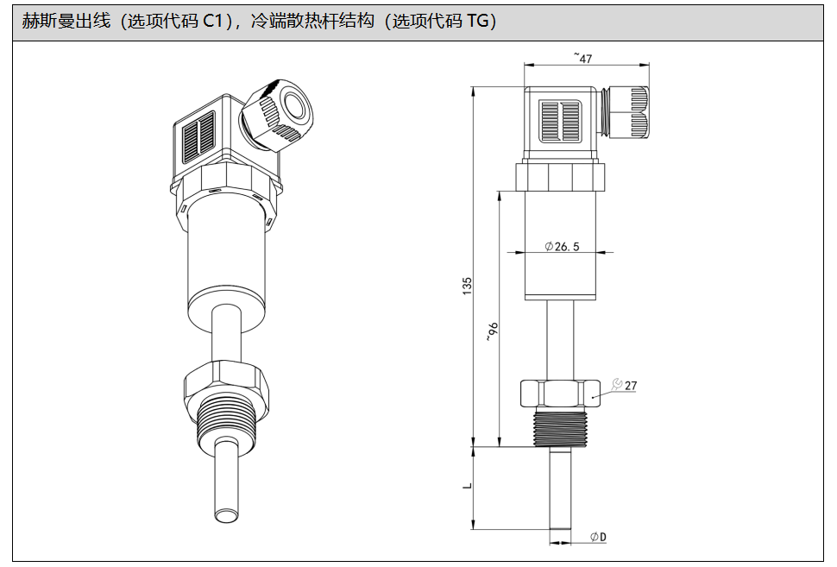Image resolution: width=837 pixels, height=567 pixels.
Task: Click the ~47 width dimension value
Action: (584, 58)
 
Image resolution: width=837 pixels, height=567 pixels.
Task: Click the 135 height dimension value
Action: (467, 286)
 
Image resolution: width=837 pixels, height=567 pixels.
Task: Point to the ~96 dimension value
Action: (492, 331)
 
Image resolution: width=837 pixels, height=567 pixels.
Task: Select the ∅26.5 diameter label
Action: (562, 247)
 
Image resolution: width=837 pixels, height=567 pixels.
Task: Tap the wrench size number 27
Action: (631, 386)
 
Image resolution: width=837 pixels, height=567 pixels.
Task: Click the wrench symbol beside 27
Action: (616, 385)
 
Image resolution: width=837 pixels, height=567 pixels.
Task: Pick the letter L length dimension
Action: (467, 486)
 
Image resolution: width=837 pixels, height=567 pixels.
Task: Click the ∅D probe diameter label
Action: (598, 537)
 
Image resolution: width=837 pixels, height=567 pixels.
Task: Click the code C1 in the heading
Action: (218, 22)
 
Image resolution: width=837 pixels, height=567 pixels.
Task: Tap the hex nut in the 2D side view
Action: (562, 394)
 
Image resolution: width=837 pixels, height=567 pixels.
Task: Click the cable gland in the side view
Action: (627, 111)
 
